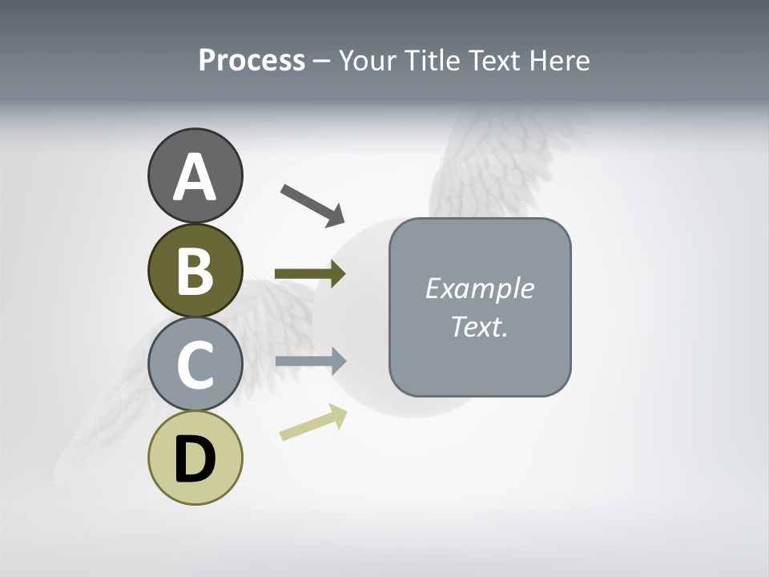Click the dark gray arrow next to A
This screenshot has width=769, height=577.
tap(312, 204)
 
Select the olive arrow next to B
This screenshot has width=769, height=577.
tap(310, 274)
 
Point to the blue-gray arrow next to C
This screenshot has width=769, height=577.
tap(310, 361)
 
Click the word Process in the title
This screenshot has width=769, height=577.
tap(252, 60)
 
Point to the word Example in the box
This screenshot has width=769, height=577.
tap(479, 288)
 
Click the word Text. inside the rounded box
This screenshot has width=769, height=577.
tap(479, 327)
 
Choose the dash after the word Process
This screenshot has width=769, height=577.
tap(322, 61)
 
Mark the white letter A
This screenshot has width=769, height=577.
tap(195, 178)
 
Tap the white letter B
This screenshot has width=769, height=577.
tap(195, 271)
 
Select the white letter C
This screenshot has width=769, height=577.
tap(195, 365)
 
